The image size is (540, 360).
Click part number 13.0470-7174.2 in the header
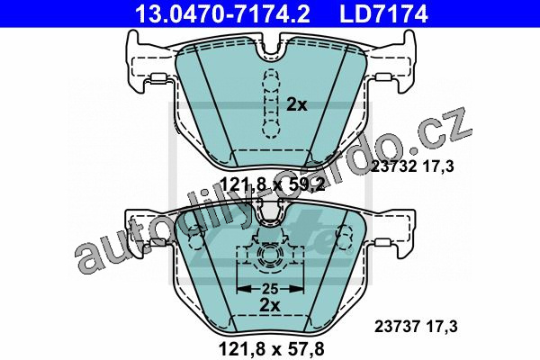(x=222, y=13)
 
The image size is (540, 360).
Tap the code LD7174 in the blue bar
(x=383, y=13)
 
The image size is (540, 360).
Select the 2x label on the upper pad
(x=297, y=104)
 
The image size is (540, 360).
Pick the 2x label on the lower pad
(x=270, y=304)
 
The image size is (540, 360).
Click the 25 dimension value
(x=270, y=289)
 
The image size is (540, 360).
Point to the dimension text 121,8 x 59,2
(x=272, y=185)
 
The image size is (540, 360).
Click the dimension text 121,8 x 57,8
(x=272, y=349)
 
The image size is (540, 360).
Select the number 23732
(x=395, y=166)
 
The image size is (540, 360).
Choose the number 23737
(x=397, y=326)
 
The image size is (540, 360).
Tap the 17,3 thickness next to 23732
(x=438, y=166)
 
